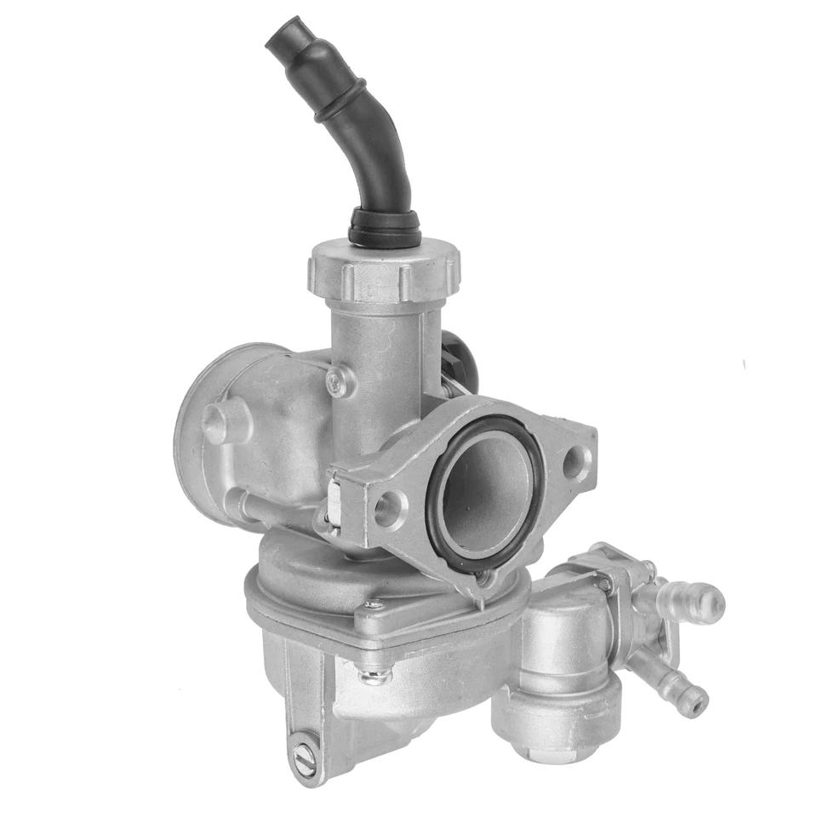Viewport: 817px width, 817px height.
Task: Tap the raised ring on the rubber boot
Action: (x=340, y=100)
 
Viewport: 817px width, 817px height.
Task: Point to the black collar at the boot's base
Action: (x=384, y=228)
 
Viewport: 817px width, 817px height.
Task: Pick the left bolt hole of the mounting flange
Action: (x=390, y=510)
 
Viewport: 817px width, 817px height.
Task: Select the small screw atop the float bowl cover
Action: (x=372, y=605)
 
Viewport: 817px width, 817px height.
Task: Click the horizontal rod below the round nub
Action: (x=255, y=505)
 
